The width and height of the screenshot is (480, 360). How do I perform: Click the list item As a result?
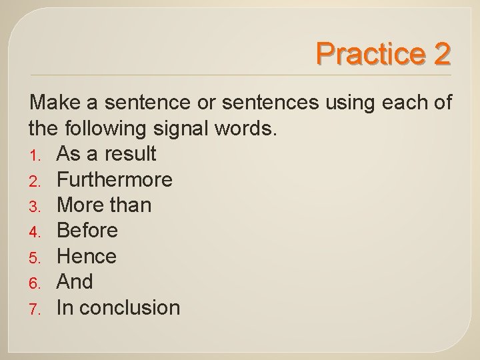click(x=107, y=154)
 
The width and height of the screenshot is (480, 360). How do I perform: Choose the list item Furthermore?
click(x=115, y=179)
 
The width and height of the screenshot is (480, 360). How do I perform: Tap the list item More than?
click(x=104, y=205)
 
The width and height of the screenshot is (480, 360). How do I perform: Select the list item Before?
click(x=87, y=231)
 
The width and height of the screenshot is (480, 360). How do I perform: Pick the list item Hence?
click(x=87, y=256)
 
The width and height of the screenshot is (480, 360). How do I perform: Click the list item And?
click(x=75, y=282)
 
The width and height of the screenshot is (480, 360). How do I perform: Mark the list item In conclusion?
click(x=119, y=307)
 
